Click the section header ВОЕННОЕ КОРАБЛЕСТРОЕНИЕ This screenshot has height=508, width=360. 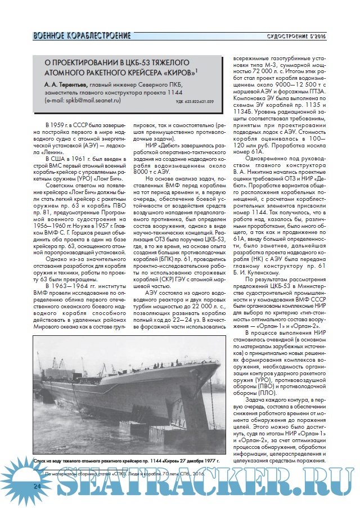click(x=82, y=36)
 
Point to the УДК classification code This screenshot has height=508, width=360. click(x=195, y=102)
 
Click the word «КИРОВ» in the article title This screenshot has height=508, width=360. click(x=177, y=72)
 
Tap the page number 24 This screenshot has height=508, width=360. click(x=37, y=485)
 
